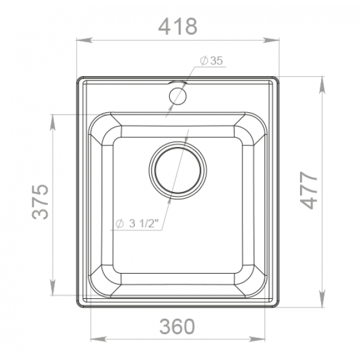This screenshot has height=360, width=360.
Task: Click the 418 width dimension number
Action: pyautogui.click(x=178, y=26)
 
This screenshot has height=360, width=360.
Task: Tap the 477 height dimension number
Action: pyautogui.click(x=309, y=190)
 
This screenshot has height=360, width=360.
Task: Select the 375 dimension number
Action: pyautogui.click(x=40, y=202)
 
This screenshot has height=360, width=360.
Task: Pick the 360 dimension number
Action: pyautogui.click(x=177, y=326)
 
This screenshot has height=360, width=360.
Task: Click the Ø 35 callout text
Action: pyautogui.click(x=211, y=61)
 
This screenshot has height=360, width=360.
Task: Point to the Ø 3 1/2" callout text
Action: pyautogui.click(x=137, y=223)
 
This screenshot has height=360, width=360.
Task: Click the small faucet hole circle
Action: pyautogui.click(x=178, y=96)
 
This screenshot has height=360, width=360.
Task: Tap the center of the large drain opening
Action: pyautogui.click(x=178, y=170)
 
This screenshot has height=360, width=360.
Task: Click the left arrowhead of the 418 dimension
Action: pyautogui.click(x=84, y=40)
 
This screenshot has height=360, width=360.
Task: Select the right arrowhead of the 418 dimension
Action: pyautogui.click(x=271, y=40)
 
